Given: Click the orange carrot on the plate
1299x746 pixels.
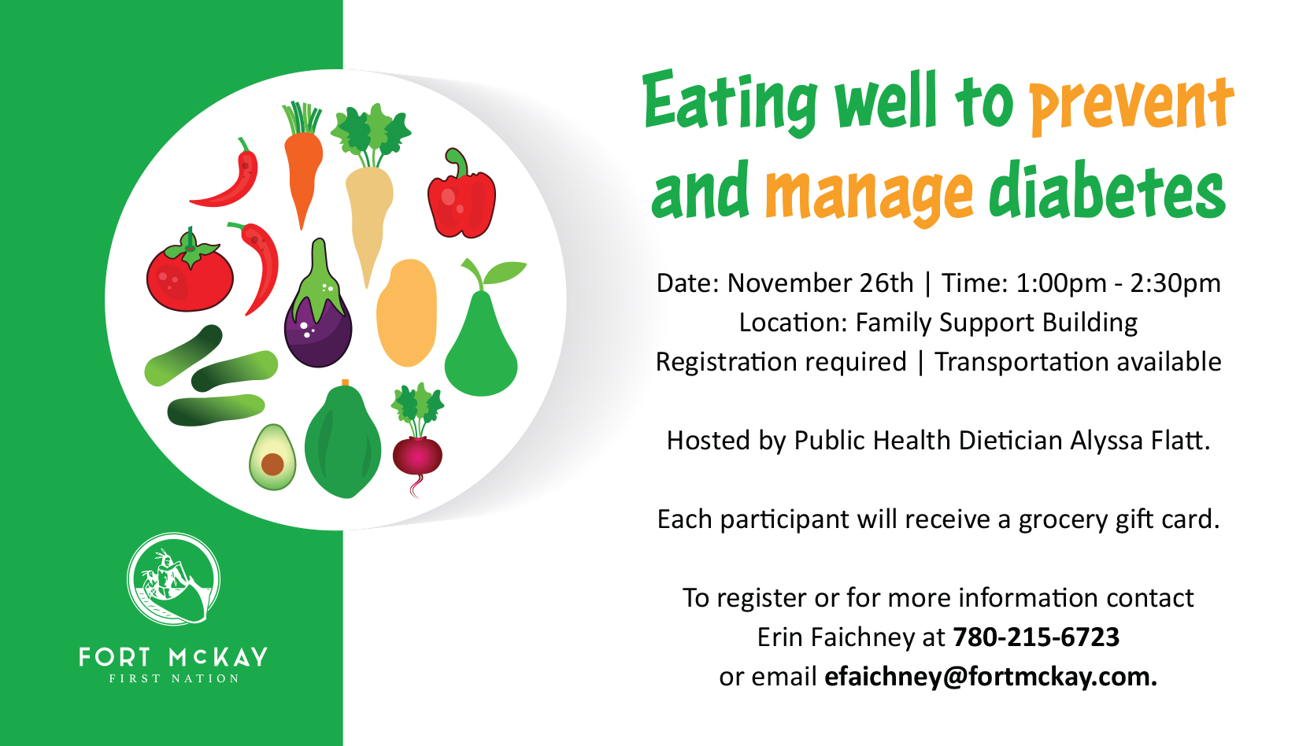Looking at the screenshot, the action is click(x=303, y=168).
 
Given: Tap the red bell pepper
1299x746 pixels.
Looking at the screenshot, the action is click(x=461, y=197).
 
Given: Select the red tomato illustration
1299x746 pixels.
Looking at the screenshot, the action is click(x=190, y=272).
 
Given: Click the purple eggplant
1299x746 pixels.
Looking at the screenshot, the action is click(x=318, y=313).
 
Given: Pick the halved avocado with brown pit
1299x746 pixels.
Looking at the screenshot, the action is click(x=272, y=457).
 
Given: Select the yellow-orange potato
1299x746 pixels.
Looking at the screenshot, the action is click(x=406, y=313).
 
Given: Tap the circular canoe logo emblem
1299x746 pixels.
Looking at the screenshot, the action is click(x=173, y=579).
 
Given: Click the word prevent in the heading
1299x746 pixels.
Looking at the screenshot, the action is click(x=1131, y=105).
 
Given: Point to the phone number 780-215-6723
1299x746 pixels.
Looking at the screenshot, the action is click(x=1036, y=637).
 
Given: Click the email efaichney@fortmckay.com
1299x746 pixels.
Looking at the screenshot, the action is click(x=990, y=677).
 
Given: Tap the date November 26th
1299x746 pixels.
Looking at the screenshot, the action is click(x=820, y=283).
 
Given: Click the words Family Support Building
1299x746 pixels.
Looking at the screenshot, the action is click(x=996, y=323).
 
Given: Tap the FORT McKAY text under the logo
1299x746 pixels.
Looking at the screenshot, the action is click(x=173, y=657).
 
